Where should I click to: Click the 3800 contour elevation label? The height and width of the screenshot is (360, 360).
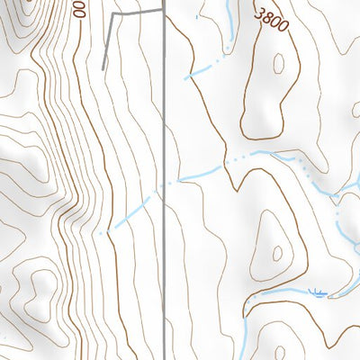pos(272,20)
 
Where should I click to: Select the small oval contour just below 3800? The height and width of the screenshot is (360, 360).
pos(278,64)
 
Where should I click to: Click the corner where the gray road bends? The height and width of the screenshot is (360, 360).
pos(112,16)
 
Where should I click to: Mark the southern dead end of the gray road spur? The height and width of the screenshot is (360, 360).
pos(103,68)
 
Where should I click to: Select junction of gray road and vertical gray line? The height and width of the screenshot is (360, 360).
pos(163,11)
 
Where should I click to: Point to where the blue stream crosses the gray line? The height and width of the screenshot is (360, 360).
pos(163,187)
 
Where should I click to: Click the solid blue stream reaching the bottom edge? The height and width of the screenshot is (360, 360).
pos(244,346)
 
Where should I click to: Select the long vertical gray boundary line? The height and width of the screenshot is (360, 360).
pos(163,270)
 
